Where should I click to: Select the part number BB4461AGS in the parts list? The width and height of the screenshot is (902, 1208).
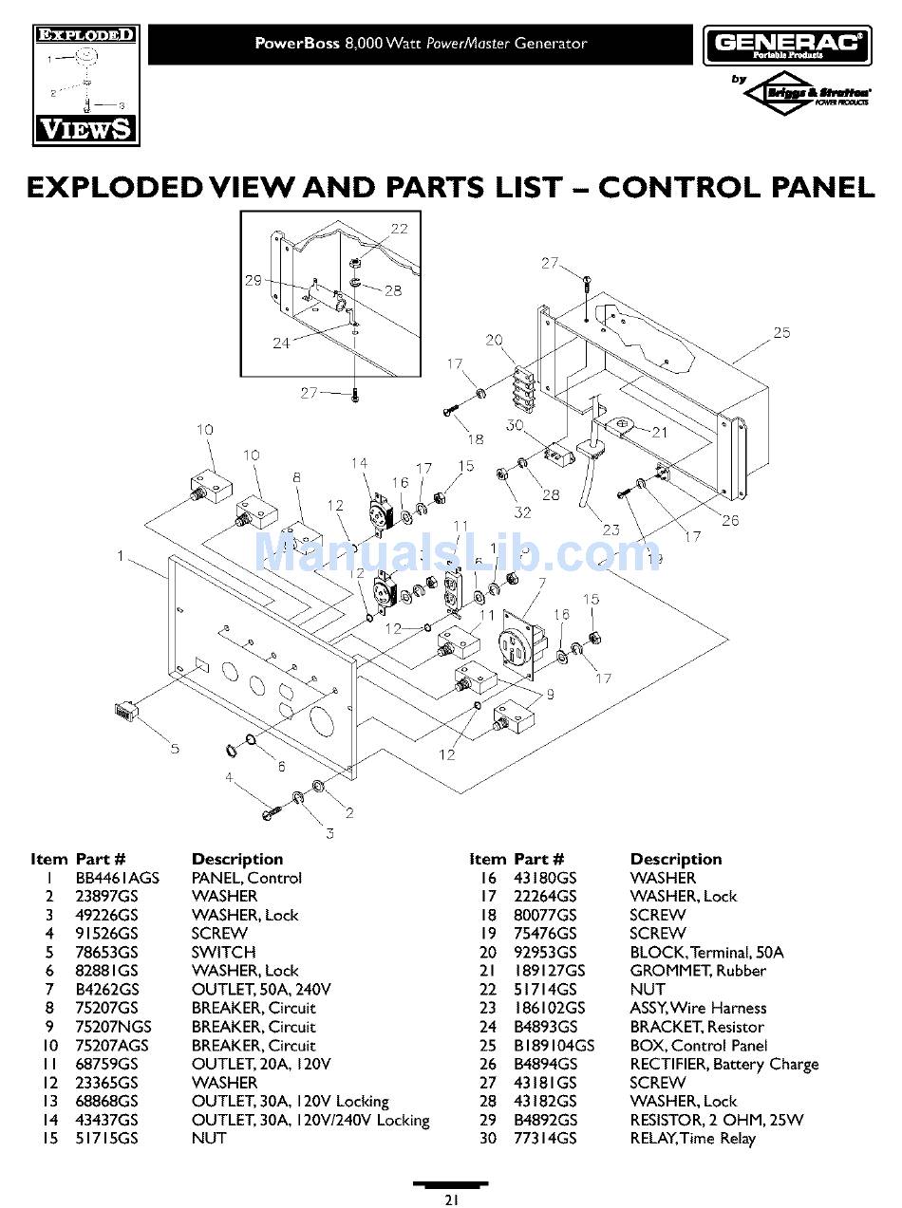(118, 878)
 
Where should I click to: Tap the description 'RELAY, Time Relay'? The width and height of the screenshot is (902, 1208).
(692, 1138)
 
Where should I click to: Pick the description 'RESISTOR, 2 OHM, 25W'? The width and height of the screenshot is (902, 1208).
(716, 1120)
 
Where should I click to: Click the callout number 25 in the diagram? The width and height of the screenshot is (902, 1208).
(780, 333)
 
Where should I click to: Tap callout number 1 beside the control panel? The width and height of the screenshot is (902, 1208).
(121, 556)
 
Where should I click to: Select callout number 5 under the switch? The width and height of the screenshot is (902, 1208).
(175, 749)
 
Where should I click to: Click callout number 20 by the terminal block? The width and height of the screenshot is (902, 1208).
(494, 340)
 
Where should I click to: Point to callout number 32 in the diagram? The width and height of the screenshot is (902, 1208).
(522, 513)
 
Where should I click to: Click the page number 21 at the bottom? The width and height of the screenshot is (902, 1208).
(451, 1199)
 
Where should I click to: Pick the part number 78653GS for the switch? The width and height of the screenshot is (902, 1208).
(106, 952)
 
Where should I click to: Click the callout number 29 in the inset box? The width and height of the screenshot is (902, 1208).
(253, 280)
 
